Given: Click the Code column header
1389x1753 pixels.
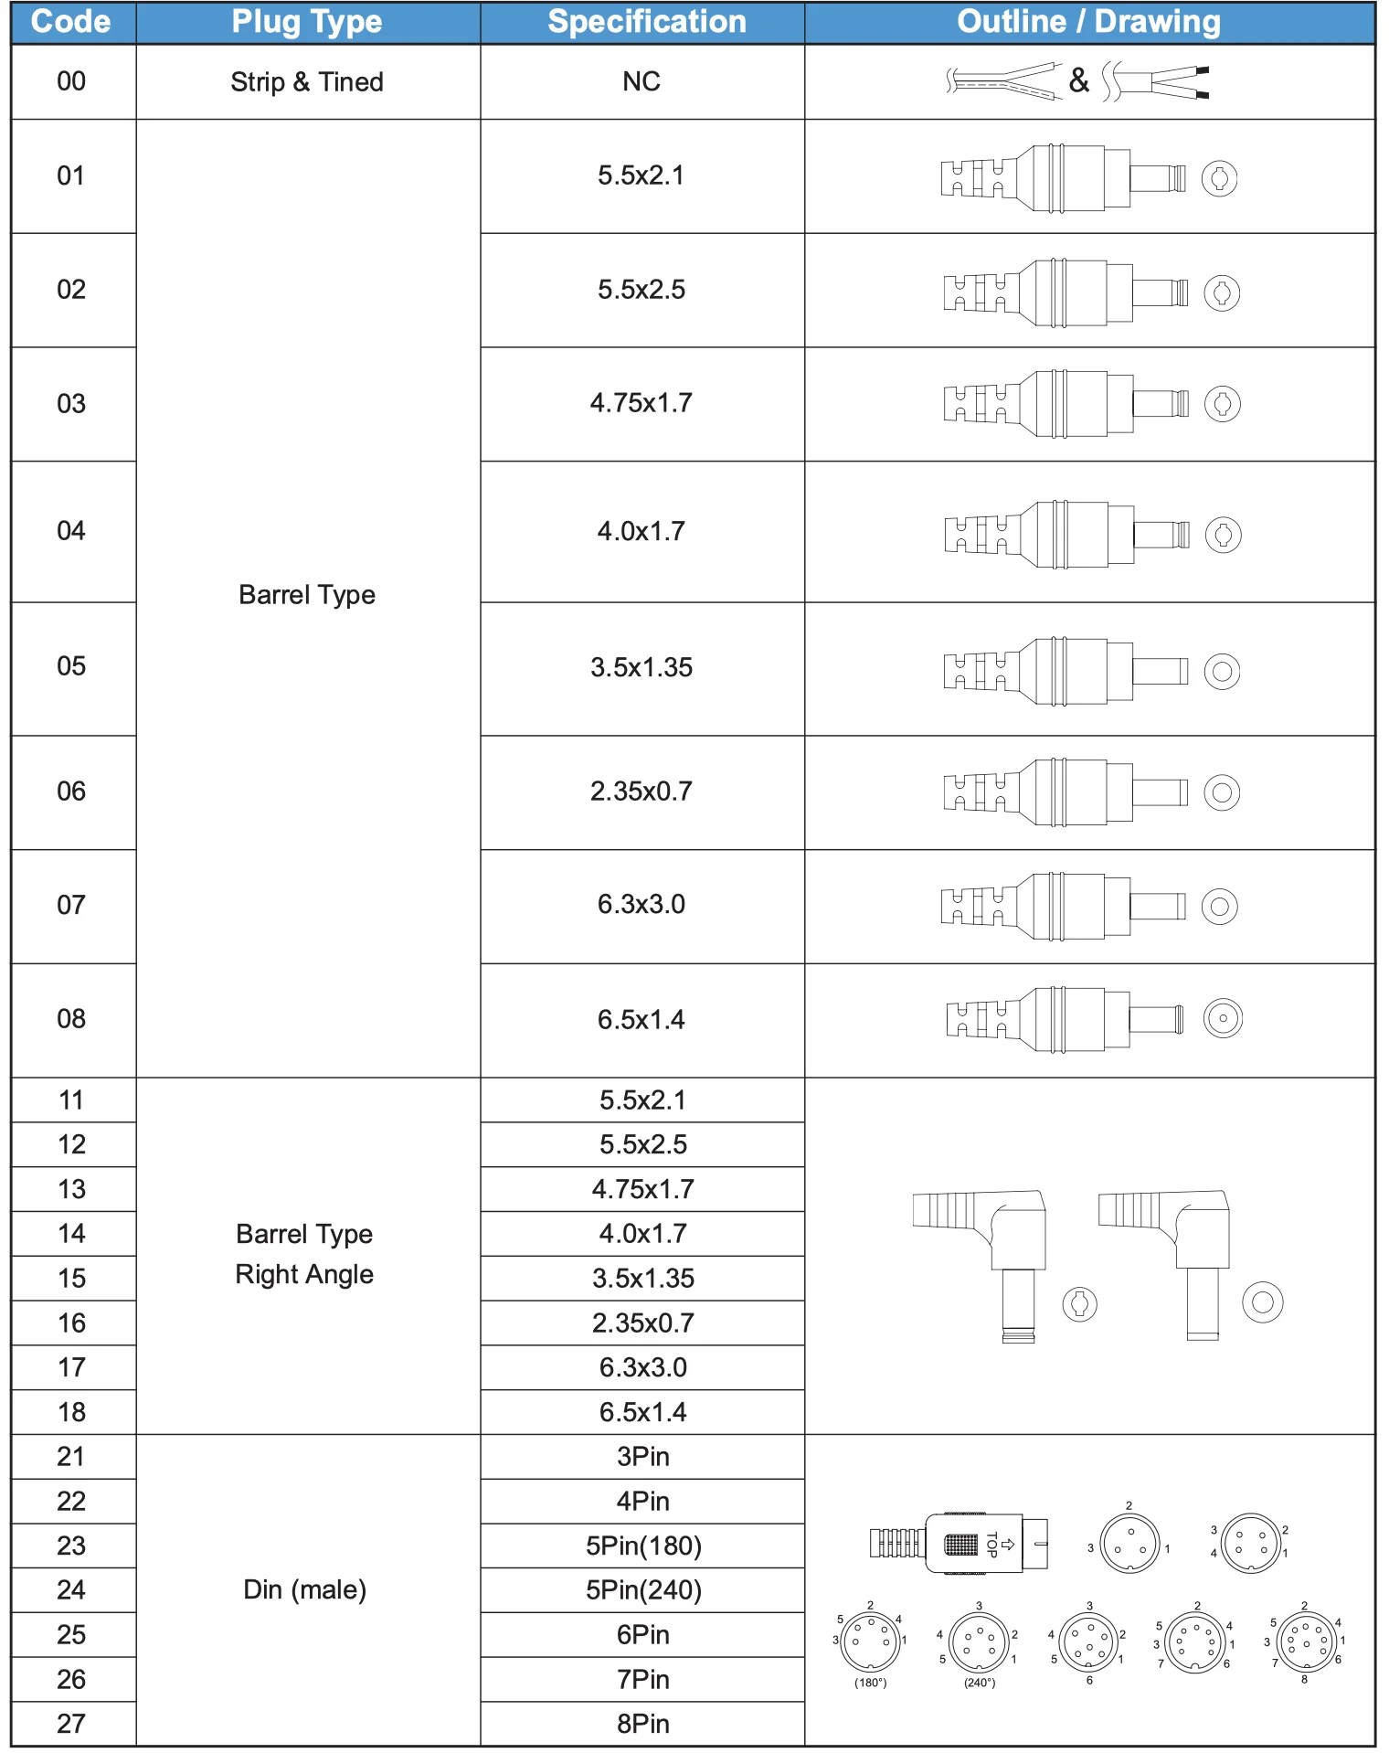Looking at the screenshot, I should click(x=71, y=22).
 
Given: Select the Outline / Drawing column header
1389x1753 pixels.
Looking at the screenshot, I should click(x=1088, y=22).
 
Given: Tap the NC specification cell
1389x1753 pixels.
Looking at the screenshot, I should click(x=641, y=81).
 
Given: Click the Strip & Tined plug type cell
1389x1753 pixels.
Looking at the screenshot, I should click(x=307, y=82).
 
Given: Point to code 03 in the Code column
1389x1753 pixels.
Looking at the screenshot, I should click(x=71, y=403).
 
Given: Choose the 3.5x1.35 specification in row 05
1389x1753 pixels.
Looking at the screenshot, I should click(x=641, y=667).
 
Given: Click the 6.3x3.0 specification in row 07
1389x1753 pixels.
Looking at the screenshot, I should click(x=641, y=905).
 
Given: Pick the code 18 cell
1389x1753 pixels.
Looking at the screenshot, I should click(x=71, y=1412).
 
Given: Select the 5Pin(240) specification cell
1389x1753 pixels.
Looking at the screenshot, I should click(x=643, y=1590).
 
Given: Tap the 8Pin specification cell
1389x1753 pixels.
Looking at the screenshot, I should click(x=643, y=1724).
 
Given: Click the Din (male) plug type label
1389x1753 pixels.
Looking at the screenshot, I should click(x=305, y=1590).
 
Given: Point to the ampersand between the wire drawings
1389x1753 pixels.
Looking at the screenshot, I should click(x=1079, y=80).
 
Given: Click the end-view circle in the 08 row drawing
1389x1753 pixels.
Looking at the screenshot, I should click(x=1223, y=1018).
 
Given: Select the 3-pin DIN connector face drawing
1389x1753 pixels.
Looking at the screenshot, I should click(x=1130, y=1544).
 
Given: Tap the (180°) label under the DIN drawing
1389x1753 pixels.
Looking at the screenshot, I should click(x=870, y=1683).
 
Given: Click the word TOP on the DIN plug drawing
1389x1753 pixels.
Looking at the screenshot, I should click(x=991, y=1545).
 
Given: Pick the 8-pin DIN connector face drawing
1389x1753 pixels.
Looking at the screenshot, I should click(x=1306, y=1641).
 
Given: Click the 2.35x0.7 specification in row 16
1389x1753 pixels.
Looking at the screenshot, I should click(x=643, y=1323).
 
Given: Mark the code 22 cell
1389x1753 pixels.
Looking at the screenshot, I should click(x=71, y=1502).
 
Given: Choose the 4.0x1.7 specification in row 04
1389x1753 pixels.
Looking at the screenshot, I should click(x=641, y=531).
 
